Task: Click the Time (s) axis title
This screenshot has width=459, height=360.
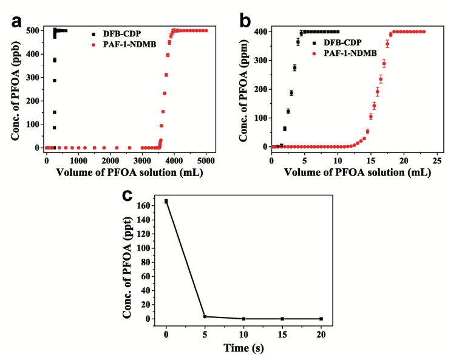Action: tap(243, 348)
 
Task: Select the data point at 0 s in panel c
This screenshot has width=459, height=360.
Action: tap(166, 201)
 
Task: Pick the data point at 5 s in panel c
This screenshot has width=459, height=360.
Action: tap(205, 316)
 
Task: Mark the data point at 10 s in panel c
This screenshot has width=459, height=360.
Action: tap(243, 319)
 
